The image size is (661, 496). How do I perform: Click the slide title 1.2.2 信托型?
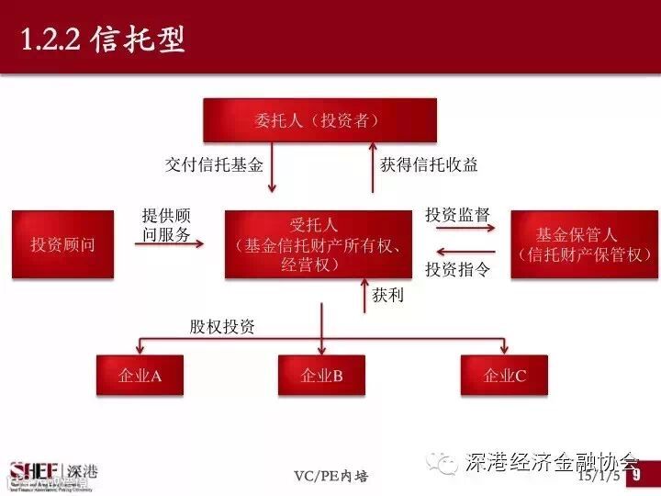point(103,39)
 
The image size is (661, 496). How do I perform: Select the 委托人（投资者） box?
point(319,120)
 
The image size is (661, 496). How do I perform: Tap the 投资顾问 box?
point(63,244)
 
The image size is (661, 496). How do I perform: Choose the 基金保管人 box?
point(577,244)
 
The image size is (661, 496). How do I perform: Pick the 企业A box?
point(140,376)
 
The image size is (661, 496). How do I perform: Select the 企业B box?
point(321,376)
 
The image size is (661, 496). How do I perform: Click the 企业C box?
point(504,376)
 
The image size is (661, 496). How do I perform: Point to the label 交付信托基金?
point(214,165)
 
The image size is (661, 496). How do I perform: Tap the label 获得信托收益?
point(429,165)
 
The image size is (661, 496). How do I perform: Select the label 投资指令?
point(457,269)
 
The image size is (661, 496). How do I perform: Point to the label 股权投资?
point(222,326)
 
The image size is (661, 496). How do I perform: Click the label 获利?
point(387,296)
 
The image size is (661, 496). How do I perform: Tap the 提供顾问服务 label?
point(166,225)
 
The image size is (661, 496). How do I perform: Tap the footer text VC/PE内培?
point(330,476)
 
